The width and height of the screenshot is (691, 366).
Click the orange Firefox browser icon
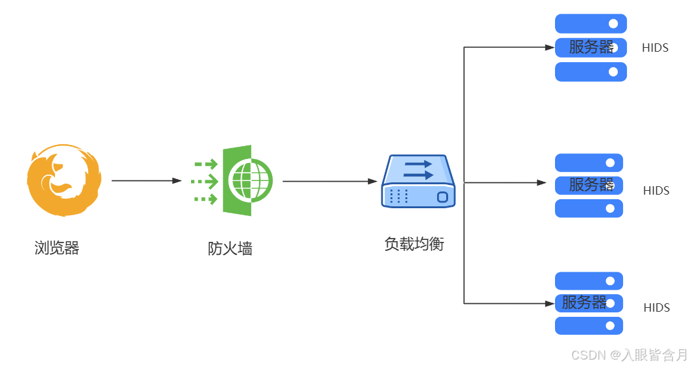(64, 180)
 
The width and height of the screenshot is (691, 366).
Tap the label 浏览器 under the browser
(57, 248)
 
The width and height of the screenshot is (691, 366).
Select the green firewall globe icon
(247, 180)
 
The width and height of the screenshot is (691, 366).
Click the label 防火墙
(230, 248)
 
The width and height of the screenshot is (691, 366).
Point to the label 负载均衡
(414, 244)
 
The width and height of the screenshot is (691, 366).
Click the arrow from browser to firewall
(146, 181)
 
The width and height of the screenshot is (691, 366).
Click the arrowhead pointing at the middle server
(542, 183)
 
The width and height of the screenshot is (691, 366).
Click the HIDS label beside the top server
(655, 48)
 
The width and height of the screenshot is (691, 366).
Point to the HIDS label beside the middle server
(656, 191)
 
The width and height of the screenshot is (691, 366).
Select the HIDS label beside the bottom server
(657, 308)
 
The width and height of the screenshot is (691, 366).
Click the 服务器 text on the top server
(591, 47)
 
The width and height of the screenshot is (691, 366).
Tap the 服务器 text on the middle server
(591, 185)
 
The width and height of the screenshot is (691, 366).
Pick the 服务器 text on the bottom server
(583, 303)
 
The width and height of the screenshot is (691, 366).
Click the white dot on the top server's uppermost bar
(613, 24)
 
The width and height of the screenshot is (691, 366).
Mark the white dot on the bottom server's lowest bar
(609, 326)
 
